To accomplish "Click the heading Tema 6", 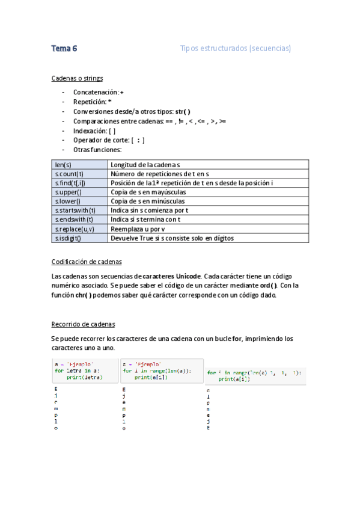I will [x=64, y=49].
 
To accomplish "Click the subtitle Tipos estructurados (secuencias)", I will [x=235, y=49].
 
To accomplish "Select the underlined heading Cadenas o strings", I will [x=77, y=78].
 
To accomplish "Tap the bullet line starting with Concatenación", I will [x=98, y=92].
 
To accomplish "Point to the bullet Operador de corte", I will [x=108, y=140].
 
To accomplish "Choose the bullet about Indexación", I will [x=94, y=131].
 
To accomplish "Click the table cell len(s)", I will [x=63, y=164].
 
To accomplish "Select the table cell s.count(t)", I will [x=68, y=174].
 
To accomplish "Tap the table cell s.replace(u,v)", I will [x=72, y=229].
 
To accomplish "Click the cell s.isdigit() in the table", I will [x=68, y=238].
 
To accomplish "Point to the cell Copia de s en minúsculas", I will [x=148, y=201].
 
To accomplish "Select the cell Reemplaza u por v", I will [x=138, y=229].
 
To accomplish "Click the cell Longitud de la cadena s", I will [x=145, y=164].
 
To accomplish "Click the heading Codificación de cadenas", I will [x=87, y=262].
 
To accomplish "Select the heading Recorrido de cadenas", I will [x=83, y=325].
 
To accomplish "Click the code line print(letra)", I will [x=84, y=378].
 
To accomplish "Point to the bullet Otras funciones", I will [x=97, y=150].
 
